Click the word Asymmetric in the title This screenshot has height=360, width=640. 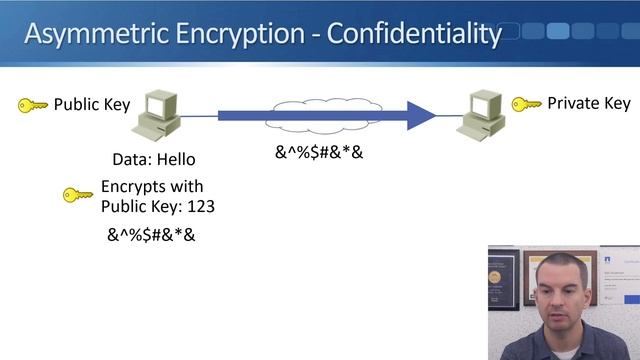coord(83,34)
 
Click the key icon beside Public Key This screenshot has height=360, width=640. coord(33,105)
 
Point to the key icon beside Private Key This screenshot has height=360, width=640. coord(527,104)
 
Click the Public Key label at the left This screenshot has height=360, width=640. coord(92,104)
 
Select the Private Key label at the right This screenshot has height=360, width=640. coord(589,103)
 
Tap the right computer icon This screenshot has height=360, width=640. coord(482,113)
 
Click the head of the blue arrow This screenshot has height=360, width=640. coord(421,115)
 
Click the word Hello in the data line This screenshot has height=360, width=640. coord(176,159)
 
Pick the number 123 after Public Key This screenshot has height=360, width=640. coord(201,206)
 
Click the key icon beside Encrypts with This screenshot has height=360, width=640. coord(77,194)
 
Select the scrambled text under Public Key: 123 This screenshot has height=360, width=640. coord(151,236)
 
